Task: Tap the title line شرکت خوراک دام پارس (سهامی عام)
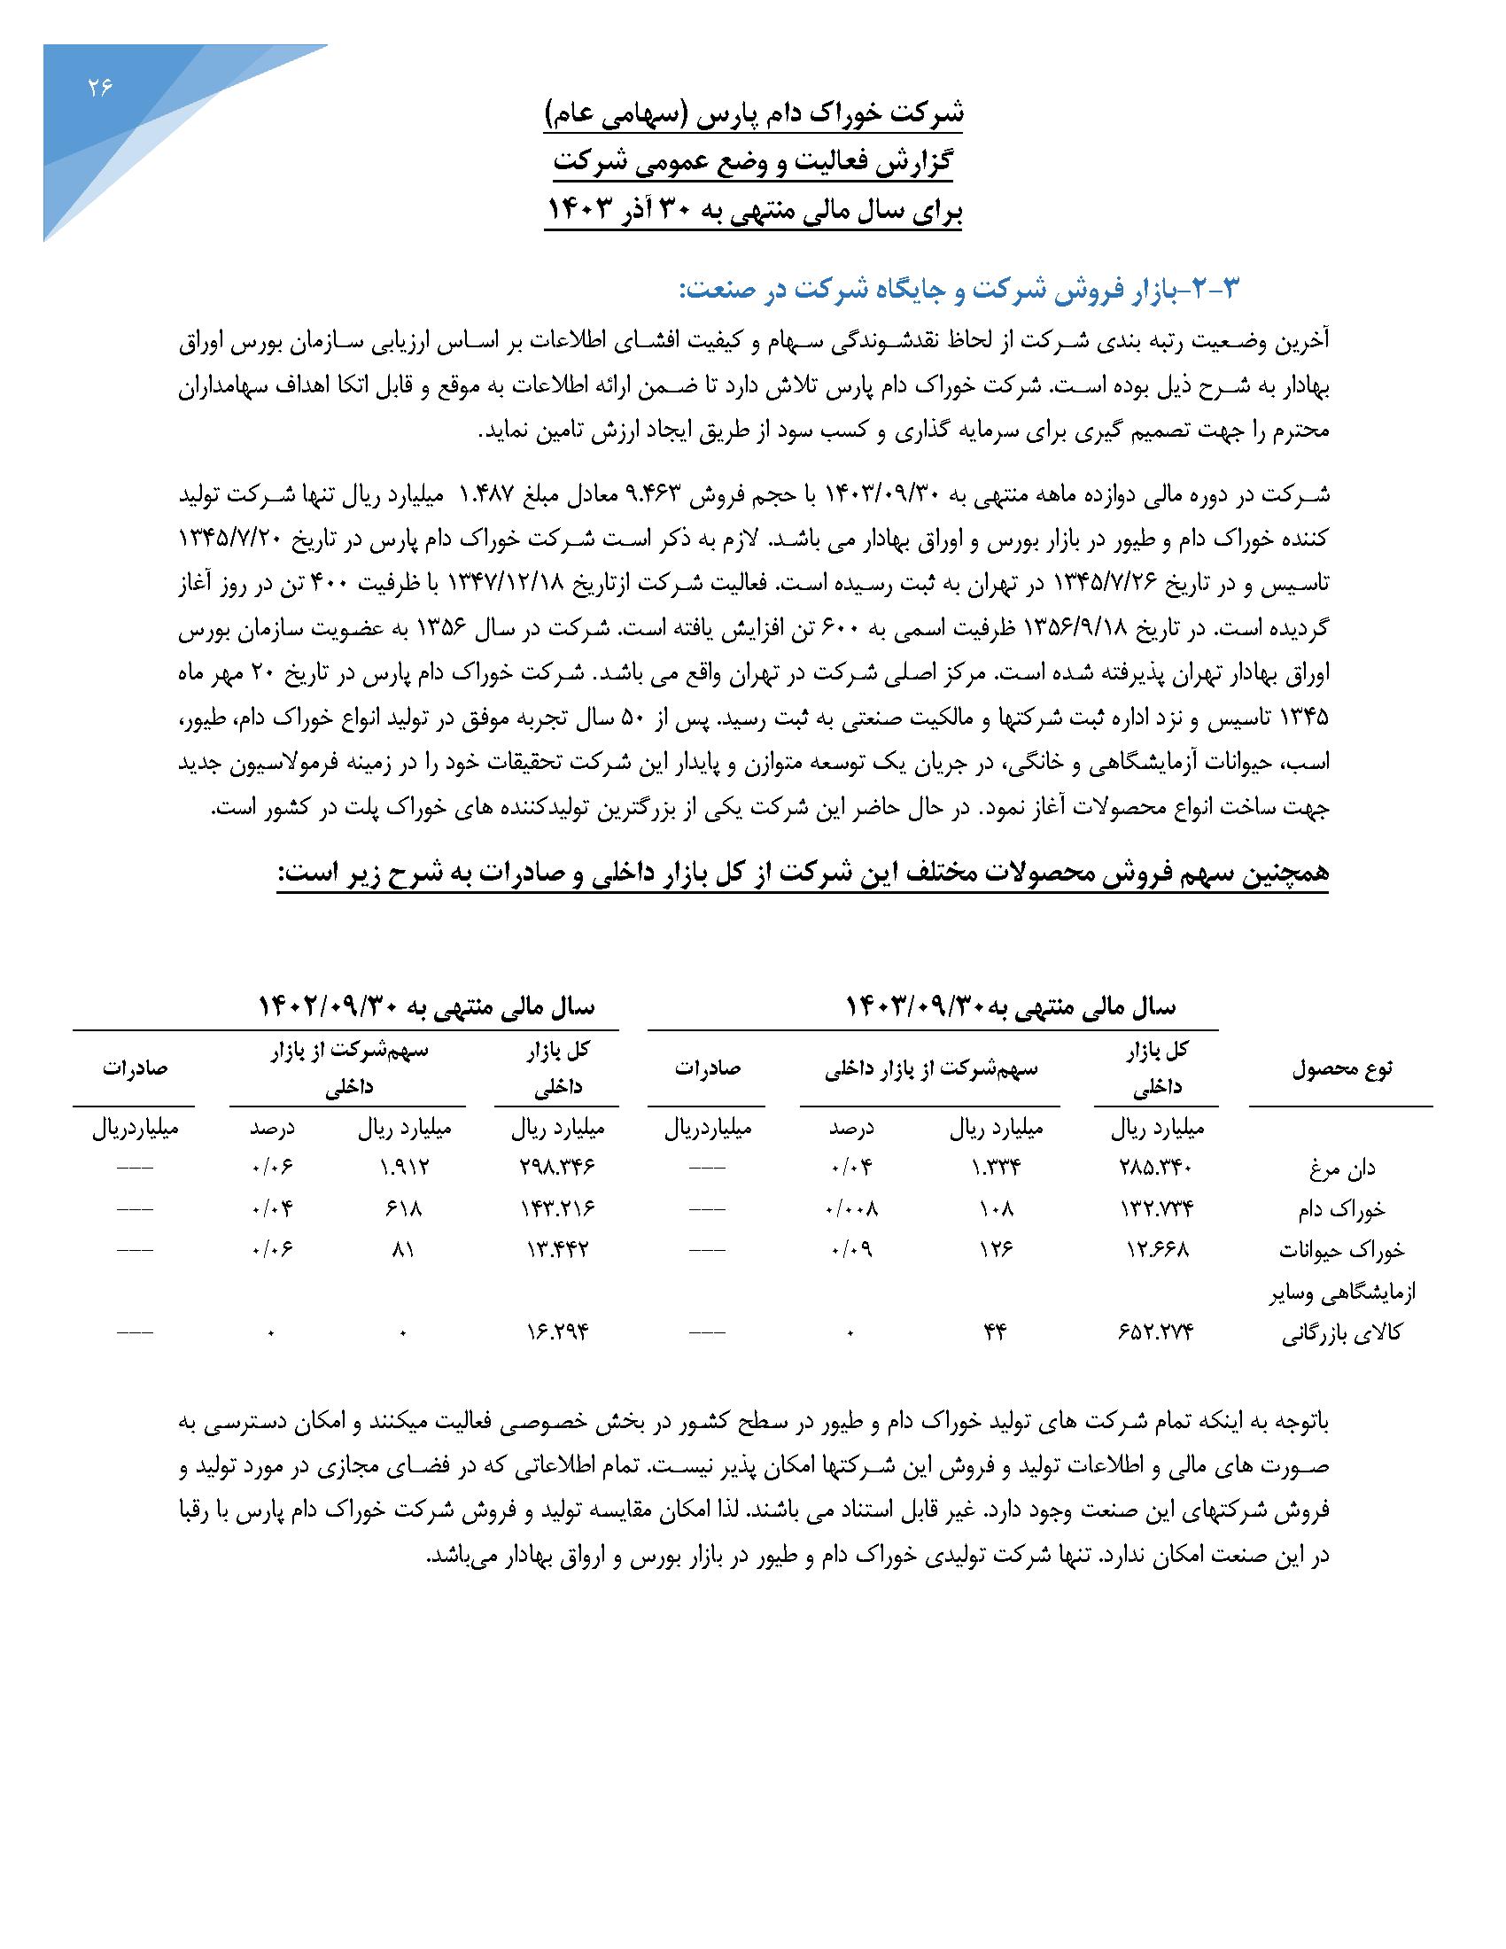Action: click(755, 114)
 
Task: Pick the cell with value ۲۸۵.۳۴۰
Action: click(1156, 1169)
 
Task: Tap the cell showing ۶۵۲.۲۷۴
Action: click(1156, 1333)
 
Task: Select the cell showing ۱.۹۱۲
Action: click(403, 1169)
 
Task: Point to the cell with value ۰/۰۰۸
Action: click(851, 1209)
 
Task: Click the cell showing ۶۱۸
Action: click(403, 1209)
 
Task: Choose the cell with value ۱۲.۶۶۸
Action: click(1156, 1250)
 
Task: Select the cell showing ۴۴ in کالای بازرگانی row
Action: click(996, 1333)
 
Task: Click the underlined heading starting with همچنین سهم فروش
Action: click(802, 874)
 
